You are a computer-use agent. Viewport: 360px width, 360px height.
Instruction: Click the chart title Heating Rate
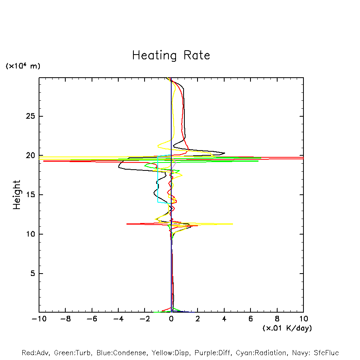pyautogui.click(x=171, y=55)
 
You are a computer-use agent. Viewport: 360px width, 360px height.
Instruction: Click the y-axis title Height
pyautogui.click(x=17, y=195)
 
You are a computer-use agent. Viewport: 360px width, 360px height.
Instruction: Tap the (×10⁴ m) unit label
pyautogui.click(x=23, y=66)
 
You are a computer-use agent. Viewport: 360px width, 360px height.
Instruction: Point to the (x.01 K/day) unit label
pyautogui.click(x=287, y=328)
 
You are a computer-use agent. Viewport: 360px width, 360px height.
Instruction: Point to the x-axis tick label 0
pyautogui.click(x=171, y=319)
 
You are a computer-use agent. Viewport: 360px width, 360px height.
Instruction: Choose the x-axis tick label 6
pyautogui.click(x=250, y=319)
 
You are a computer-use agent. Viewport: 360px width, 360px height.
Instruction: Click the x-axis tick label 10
pyautogui.click(x=303, y=319)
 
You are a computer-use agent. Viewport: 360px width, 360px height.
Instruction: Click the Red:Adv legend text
pyautogui.click(x=35, y=353)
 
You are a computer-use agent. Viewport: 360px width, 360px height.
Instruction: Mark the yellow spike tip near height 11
pyautogui.click(x=233, y=224)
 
